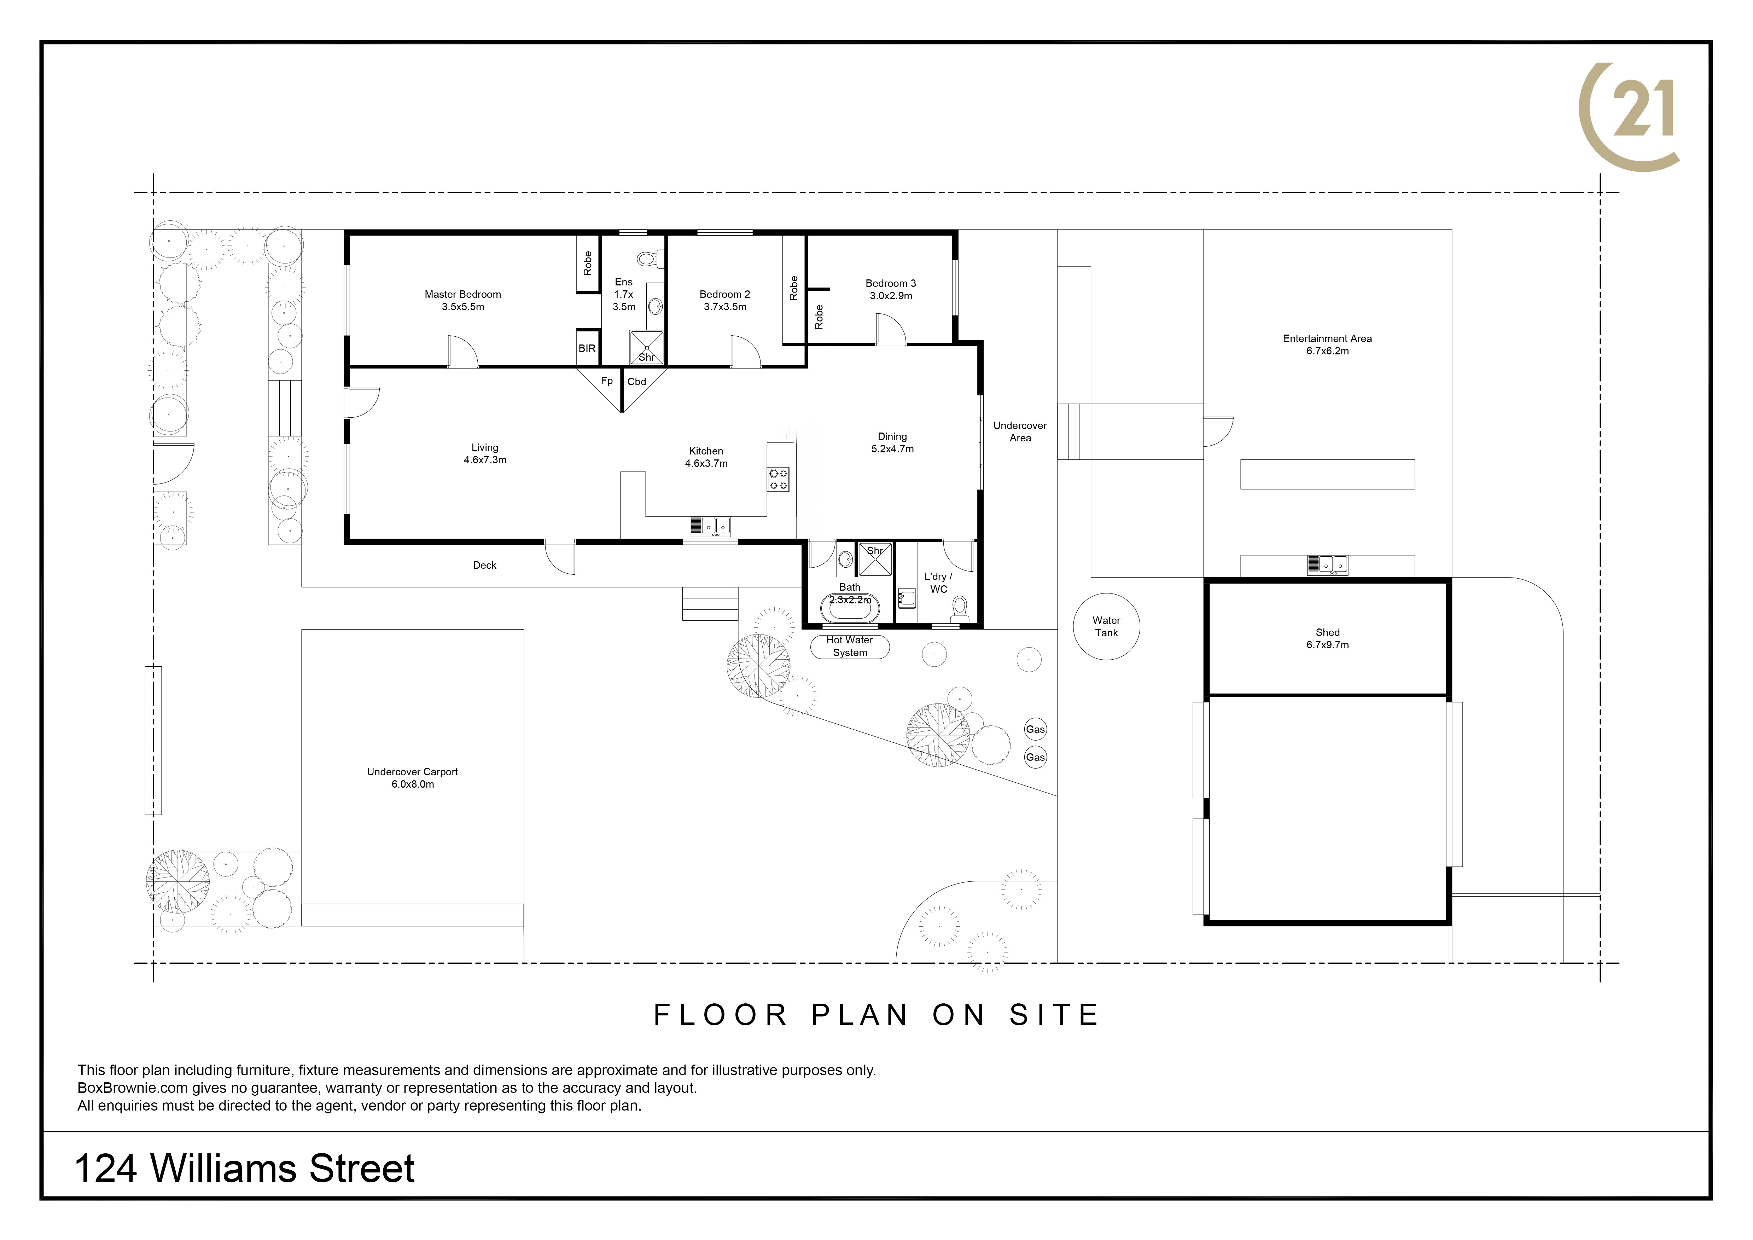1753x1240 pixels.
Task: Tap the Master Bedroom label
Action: click(x=463, y=300)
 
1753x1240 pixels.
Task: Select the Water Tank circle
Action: click(x=1106, y=627)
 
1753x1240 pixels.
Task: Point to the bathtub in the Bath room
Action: click(x=850, y=609)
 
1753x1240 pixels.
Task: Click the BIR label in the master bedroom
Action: click(x=586, y=348)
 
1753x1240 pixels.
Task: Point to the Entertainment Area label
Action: click(x=1327, y=344)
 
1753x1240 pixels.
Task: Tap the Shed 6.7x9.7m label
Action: click(x=1328, y=638)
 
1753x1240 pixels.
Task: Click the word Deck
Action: click(x=485, y=565)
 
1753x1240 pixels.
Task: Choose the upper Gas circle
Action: click(x=1035, y=729)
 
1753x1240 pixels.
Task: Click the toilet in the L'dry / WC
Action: click(x=960, y=609)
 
